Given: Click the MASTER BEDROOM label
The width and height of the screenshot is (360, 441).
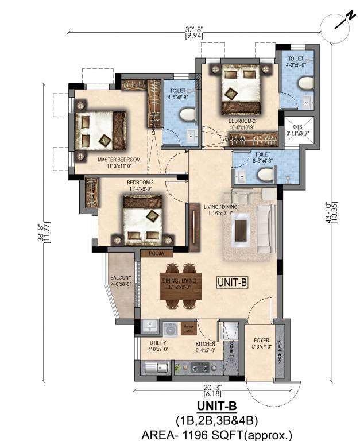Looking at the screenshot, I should [x=119, y=159].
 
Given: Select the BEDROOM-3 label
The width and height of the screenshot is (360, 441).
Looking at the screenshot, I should [x=141, y=183].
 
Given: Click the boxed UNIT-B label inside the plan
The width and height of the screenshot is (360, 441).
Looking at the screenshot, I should [x=232, y=282].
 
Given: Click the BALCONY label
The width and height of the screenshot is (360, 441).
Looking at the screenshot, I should [x=121, y=278].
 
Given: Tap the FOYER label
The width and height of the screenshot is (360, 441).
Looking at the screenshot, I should [x=261, y=339].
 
